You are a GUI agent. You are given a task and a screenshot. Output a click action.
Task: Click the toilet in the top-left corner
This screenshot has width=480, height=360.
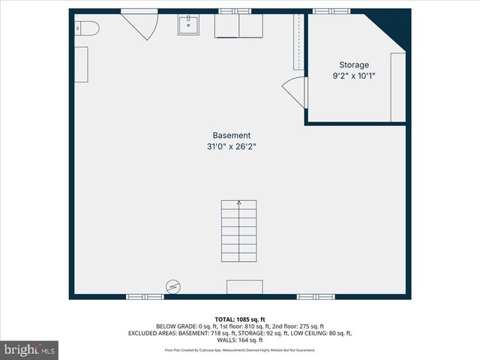(87, 28)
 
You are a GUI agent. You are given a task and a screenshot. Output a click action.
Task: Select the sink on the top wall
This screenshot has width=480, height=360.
(187, 26)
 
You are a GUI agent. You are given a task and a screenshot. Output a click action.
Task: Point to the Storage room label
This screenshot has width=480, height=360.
(354, 64)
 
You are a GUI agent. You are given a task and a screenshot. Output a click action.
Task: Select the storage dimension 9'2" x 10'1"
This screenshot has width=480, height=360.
(354, 76)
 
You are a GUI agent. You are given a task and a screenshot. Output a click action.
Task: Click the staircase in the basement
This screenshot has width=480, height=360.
(238, 231)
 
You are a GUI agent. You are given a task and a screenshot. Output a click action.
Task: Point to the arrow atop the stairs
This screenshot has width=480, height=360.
(239, 202)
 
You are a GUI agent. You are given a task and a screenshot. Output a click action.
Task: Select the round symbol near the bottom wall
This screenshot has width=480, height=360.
(172, 286)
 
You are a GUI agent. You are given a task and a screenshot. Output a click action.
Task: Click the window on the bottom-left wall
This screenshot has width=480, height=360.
(145, 297)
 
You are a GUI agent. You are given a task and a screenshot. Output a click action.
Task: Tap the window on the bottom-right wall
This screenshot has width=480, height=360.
(316, 297)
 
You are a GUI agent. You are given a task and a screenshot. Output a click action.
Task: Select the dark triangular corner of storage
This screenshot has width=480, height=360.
(395, 26)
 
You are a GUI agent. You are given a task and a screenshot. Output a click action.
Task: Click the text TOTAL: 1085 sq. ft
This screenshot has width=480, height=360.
(240, 319)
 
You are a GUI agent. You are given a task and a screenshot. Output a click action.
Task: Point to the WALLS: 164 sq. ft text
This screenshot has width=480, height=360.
(240, 340)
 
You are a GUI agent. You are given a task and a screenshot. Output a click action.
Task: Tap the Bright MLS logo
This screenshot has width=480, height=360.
(30, 349)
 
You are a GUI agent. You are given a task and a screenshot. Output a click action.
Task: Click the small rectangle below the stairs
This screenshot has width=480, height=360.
(244, 287)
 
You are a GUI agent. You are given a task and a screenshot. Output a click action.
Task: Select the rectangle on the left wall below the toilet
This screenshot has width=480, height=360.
(81, 64)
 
